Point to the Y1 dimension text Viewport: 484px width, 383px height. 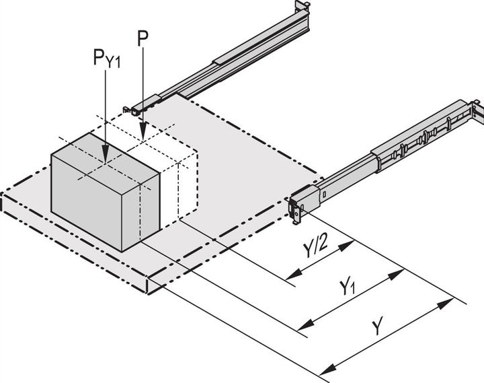347,289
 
